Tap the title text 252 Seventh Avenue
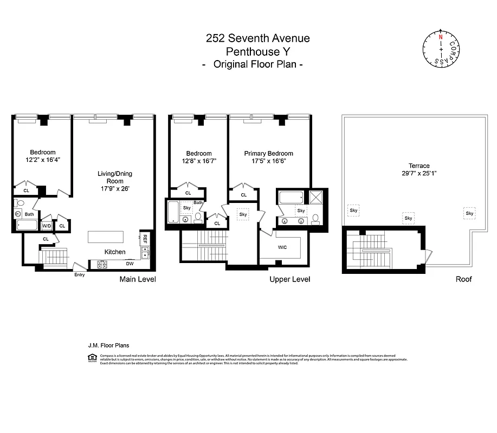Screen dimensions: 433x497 (x=257, y=38)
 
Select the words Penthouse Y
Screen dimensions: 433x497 (x=257, y=51)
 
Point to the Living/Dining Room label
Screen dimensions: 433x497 (x=114, y=178)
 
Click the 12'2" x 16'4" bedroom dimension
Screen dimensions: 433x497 (x=42, y=160)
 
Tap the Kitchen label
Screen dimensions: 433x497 (x=115, y=252)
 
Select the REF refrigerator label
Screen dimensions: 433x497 (x=145, y=239)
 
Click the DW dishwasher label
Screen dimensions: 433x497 (x=130, y=264)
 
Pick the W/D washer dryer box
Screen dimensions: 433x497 (x=47, y=226)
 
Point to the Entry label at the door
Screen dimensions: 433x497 (x=80, y=274)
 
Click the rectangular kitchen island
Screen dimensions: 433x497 (x=106, y=238)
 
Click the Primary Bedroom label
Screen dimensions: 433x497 (x=268, y=153)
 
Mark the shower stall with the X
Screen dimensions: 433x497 (x=316, y=196)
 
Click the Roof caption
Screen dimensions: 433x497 (x=463, y=279)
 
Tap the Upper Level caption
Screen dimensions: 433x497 (x=289, y=279)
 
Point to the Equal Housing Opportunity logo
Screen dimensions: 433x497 (x=91, y=357)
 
